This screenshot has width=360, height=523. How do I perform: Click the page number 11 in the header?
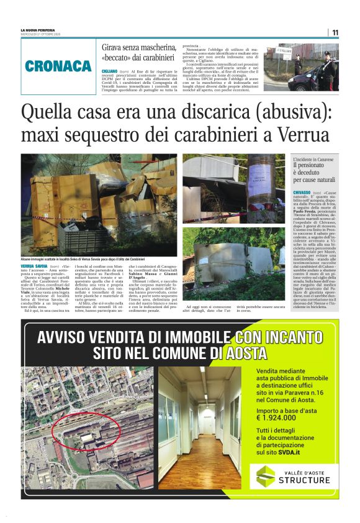tap(335, 32)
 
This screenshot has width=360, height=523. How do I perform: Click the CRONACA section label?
tap(58, 66)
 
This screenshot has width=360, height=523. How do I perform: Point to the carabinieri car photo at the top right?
tap(302, 68)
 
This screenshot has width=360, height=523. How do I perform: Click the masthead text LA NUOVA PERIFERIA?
tap(37, 30)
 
